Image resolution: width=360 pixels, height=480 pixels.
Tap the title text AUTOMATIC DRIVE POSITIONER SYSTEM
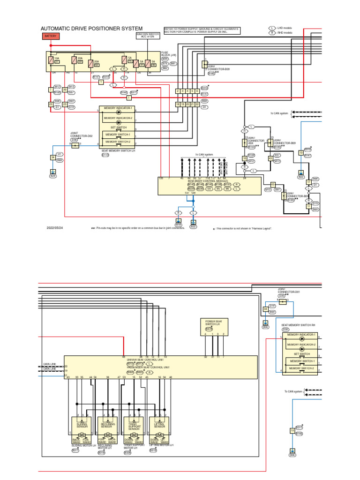91,29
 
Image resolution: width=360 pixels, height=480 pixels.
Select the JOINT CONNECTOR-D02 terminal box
75,146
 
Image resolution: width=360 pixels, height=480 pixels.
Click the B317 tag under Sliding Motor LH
75,450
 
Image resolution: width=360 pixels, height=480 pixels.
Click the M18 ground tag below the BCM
178,225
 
